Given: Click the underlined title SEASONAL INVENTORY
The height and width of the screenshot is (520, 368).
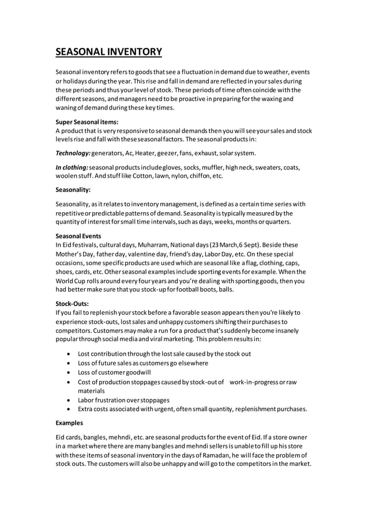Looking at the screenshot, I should pyautogui.click(x=108, y=52).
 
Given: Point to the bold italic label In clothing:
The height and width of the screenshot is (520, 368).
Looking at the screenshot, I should pyautogui.click(x=72, y=168).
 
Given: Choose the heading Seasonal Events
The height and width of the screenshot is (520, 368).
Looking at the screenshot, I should pyautogui.click(x=78, y=236).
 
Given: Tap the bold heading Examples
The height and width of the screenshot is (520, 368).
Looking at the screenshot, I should pyautogui.click(x=69, y=423).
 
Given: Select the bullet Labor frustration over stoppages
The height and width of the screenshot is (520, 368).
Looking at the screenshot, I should pyautogui.click(x=123, y=400).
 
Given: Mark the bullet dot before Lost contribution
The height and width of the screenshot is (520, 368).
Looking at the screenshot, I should pyautogui.click(x=69, y=354).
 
